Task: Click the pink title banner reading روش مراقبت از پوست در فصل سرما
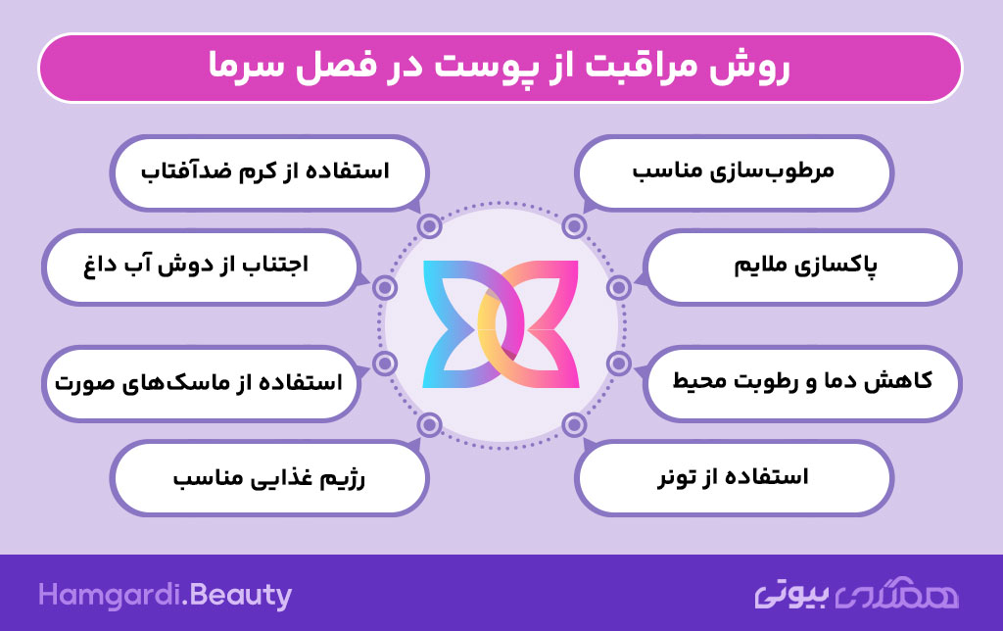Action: pyautogui.click(x=501, y=68)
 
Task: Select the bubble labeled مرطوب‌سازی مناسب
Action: pyautogui.click(x=734, y=172)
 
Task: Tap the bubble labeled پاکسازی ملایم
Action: pyautogui.click(x=802, y=267)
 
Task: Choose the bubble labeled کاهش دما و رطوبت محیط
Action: pyautogui.click(x=802, y=383)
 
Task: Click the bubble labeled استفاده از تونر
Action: pyautogui.click(x=734, y=477)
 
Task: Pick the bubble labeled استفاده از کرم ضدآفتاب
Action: pyautogui.click(x=269, y=172)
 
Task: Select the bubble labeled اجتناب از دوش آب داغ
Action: pyautogui.click(x=201, y=267)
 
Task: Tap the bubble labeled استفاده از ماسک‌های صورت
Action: pyautogui.click(x=201, y=383)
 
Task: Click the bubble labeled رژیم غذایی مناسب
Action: pyautogui.click(x=269, y=477)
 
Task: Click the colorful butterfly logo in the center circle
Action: pyautogui.click(x=501, y=324)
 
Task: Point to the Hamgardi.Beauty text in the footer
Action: pyautogui.click(x=165, y=596)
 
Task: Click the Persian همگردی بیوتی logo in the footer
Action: pyautogui.click(x=856, y=594)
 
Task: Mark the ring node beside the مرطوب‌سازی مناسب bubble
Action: pyautogui.click(x=574, y=226)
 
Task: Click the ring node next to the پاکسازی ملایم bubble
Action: pyautogui.click(x=619, y=287)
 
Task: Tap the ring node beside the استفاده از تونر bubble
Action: pyautogui.click(x=574, y=424)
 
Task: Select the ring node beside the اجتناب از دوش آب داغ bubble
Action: pyautogui.click(x=384, y=287)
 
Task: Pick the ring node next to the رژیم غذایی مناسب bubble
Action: pyautogui.click(x=429, y=424)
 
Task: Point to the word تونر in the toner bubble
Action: pyautogui.click(x=678, y=478)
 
